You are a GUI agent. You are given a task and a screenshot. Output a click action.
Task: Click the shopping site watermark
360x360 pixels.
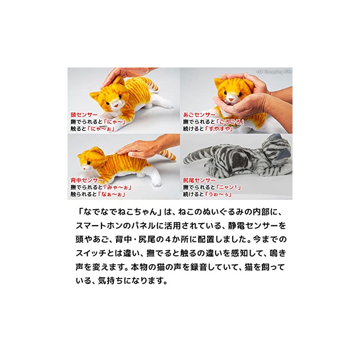[274, 71]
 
